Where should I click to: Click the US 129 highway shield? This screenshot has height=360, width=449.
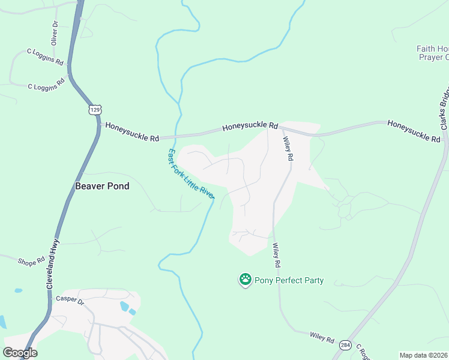pos(94,109)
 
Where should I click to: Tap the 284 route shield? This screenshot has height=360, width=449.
pos(345,345)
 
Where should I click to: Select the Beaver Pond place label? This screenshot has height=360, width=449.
pos(102,186)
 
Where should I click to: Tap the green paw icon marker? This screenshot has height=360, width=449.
pos(245,279)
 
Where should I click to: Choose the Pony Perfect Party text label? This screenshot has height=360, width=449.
pos(289,280)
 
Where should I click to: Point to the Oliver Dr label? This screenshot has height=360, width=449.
pos(54,33)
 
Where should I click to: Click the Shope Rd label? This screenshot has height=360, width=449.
pos(31,262)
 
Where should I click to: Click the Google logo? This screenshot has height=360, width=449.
pos(20,353)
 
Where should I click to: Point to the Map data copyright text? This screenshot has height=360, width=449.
pos(423,355)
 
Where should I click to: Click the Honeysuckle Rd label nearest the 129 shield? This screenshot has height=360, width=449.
pos(132,132)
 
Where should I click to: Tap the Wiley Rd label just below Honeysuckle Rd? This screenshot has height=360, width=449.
pos(288,148)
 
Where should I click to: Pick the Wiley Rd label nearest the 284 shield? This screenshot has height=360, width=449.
pos(322,338)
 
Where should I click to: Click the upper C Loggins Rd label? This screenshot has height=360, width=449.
pos(45,57)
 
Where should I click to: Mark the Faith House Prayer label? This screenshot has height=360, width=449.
pos(433,53)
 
